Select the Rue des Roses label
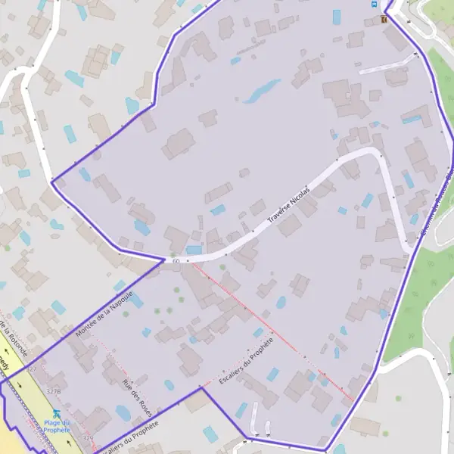point(137,396)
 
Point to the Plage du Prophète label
point(56,426)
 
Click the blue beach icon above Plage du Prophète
point(57,414)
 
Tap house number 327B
point(53,391)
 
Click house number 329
point(88,438)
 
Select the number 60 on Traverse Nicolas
point(176,261)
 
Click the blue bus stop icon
point(373,4)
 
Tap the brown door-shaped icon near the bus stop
point(384,19)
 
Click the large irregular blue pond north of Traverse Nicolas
point(261,92)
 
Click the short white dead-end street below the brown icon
point(386,64)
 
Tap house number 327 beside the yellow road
point(33,368)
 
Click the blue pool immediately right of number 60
point(194,250)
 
